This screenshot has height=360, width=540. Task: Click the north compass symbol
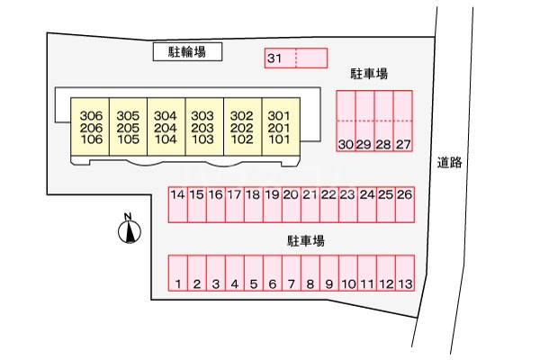130,231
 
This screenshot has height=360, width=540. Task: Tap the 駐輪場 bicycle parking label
187,53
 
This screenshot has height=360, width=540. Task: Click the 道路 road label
450,162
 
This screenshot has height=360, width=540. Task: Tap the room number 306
91,116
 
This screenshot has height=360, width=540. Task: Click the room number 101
279,139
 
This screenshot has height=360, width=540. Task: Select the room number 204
166,128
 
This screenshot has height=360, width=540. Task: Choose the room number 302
241,116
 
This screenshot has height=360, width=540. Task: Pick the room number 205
128,128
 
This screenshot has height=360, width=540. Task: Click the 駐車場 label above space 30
369,75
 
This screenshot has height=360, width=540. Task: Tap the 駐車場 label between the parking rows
306,240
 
